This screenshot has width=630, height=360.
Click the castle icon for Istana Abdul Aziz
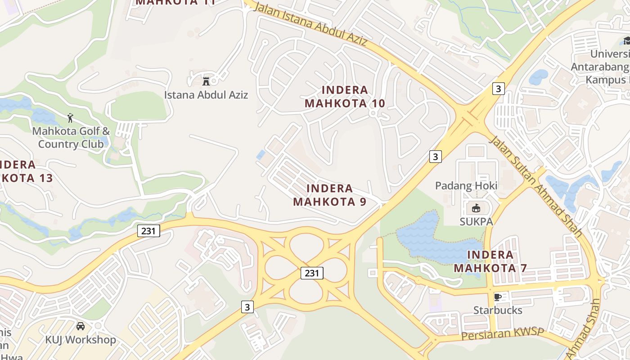tap(206, 81)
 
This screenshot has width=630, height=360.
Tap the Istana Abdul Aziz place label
tap(206, 95)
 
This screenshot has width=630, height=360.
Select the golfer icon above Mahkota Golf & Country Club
tap(70, 118)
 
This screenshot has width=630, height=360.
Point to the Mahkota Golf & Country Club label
tap(71, 138)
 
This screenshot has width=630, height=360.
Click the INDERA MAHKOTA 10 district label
tap(345, 97)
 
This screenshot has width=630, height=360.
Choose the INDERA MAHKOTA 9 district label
tap(330, 195)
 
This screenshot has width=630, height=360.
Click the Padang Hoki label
tap(466, 186)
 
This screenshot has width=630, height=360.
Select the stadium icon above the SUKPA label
tap(476, 207)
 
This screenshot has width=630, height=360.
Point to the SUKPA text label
tap(476, 221)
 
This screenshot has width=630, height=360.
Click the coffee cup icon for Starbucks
tap(497, 297)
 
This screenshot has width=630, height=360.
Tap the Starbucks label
tap(498, 310)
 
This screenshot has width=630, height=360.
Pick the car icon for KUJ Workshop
tap(81, 326)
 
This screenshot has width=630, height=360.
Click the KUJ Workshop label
tap(81, 339)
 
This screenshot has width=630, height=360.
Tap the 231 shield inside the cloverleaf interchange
tap(312, 273)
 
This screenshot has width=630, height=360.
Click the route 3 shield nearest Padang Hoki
tap(435, 156)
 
